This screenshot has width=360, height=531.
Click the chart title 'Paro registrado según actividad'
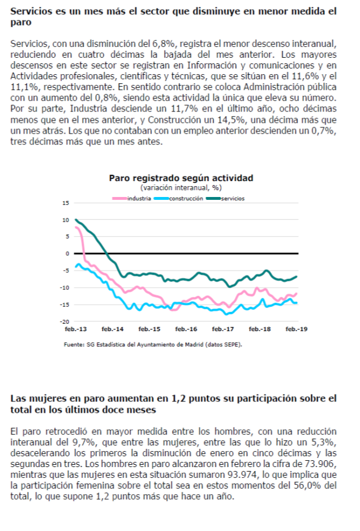tap(181, 178)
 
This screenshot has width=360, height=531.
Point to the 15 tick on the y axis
tap(65, 203)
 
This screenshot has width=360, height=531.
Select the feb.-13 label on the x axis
tap(76, 329)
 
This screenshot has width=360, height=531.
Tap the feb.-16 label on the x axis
tap(186, 329)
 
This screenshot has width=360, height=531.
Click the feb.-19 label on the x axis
tap(297, 329)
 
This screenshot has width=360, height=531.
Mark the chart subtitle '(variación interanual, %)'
tap(181, 187)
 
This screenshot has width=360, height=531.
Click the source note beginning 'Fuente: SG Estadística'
tap(153, 345)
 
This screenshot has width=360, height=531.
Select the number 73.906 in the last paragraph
tap(322, 464)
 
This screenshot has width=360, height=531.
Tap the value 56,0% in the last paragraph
tap(305, 486)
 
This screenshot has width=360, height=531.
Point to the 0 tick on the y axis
tap(67, 254)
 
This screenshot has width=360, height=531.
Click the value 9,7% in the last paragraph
tap(84, 442)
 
